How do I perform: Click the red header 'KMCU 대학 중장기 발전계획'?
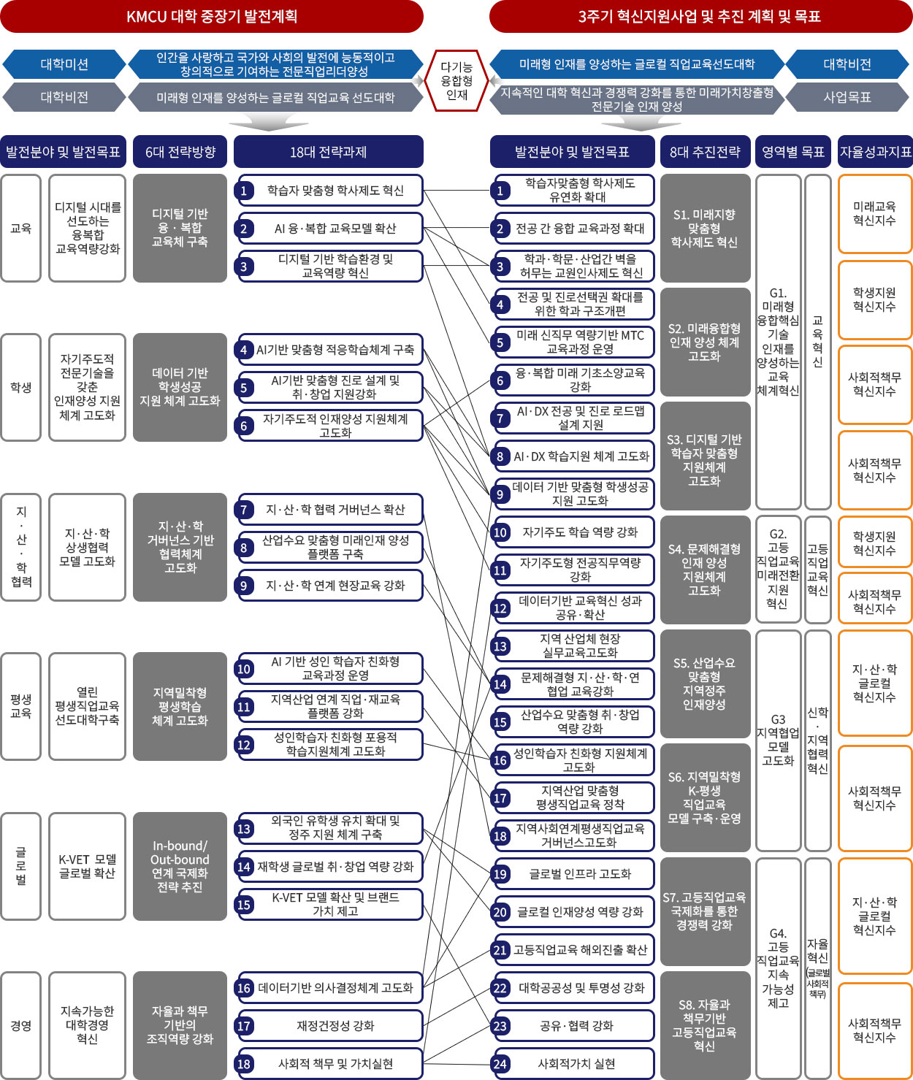[x=212, y=16]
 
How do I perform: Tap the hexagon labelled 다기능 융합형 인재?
[x=457, y=80]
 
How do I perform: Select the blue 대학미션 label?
[x=64, y=64]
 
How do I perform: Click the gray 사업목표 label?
[x=847, y=97]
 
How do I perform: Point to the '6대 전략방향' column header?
[x=180, y=152]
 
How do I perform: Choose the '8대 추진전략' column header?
[x=705, y=152]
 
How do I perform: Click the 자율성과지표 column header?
[x=875, y=152]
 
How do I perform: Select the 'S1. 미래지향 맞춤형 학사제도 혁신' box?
[x=705, y=228]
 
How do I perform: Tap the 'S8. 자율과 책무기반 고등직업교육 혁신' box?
[x=705, y=1025]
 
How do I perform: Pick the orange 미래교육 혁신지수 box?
[x=875, y=213]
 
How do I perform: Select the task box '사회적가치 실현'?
[x=576, y=1064]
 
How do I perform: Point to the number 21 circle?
[x=500, y=950]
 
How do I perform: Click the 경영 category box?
[x=20, y=1025]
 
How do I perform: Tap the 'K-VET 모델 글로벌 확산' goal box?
[x=87, y=866]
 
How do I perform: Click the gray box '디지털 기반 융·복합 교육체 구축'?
[x=180, y=228]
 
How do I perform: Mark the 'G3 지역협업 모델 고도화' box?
[x=778, y=740]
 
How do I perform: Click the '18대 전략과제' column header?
[x=328, y=152]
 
